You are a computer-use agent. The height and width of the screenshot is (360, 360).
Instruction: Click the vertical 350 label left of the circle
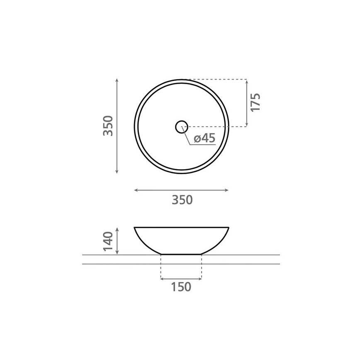(108, 126)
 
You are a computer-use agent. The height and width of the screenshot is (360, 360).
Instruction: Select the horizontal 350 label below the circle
(182, 200)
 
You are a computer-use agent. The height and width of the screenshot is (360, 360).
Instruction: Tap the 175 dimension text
(255, 102)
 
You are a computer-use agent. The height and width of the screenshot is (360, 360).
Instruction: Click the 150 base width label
(181, 287)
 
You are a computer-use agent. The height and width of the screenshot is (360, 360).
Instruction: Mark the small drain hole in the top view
(182, 126)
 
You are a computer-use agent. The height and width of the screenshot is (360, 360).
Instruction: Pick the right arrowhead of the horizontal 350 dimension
(227, 190)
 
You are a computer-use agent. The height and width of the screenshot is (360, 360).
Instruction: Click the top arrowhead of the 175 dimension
(247, 81)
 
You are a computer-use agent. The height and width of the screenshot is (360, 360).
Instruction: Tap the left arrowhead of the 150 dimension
(162, 278)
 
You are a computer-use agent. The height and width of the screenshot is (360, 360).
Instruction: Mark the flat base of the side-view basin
(181, 254)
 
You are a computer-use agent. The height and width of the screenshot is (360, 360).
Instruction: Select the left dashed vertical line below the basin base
(161, 268)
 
